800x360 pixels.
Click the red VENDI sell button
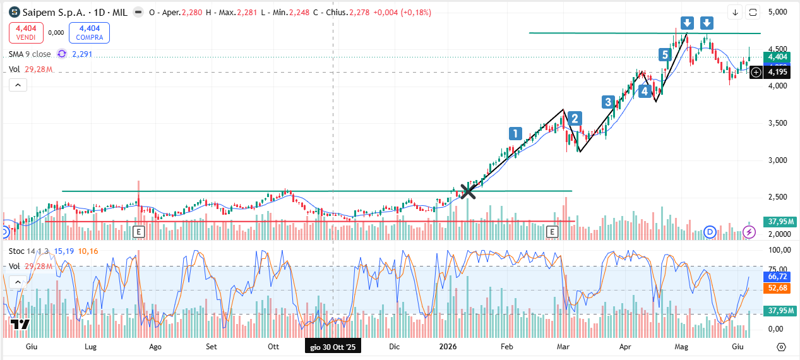(26, 32)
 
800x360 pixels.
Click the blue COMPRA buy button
(89, 32)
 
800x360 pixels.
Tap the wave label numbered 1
(515, 133)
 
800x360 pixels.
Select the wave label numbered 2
(575, 118)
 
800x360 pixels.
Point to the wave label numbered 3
(608, 102)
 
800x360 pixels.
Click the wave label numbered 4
(645, 92)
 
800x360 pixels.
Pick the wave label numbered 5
(665, 55)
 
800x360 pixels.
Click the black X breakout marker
(467, 191)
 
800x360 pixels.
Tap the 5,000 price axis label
(778, 12)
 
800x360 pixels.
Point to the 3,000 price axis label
(778, 160)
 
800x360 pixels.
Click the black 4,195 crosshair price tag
(777, 72)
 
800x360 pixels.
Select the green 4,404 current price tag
(777, 57)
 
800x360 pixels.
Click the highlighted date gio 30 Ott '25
(333, 347)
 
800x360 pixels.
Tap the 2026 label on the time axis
(448, 347)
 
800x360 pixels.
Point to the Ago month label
(155, 347)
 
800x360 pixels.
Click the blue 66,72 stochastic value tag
(777, 277)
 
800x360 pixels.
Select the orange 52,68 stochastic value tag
(777, 288)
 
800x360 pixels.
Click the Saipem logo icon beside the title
(15, 13)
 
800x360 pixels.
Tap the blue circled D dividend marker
(710, 232)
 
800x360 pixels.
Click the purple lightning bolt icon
(749, 232)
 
